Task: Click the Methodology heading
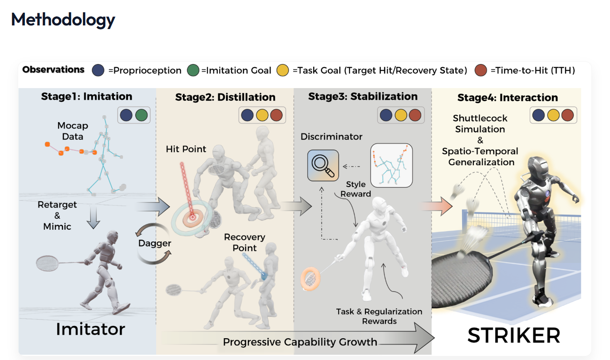63,20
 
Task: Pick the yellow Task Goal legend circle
283,70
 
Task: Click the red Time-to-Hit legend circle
481,70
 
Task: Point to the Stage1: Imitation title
87,96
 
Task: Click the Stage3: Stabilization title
363,96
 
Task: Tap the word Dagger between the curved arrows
154,243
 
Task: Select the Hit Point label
186,149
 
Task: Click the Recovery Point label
245,242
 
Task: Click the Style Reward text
356,189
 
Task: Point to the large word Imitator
90,329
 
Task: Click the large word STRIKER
514,335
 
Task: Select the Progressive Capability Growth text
300,342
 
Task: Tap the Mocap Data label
73,130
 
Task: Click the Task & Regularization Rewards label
379,316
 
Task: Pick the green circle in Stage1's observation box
141,115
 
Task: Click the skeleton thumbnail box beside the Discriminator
391,165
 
